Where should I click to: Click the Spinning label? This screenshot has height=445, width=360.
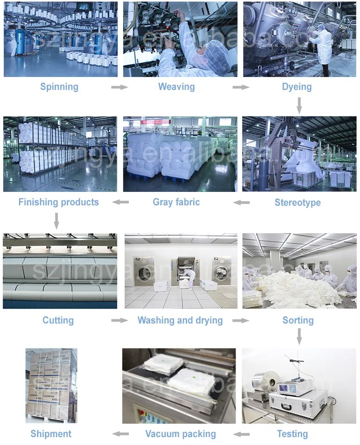[59, 87]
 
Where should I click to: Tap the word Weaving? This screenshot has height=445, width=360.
[177, 87]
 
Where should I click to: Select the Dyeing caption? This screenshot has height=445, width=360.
[297, 87]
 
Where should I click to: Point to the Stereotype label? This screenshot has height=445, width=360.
[297, 203]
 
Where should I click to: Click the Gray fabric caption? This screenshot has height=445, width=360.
[177, 202]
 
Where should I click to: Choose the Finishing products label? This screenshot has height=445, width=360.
[58, 202]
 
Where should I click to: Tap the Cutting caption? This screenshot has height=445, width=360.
[58, 320]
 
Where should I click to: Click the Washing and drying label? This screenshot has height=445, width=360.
[180, 320]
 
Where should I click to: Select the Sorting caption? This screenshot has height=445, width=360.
[298, 320]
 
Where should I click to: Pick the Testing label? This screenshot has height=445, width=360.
[292, 434]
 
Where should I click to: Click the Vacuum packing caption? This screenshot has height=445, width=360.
[181, 434]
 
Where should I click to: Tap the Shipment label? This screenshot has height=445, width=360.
[51, 434]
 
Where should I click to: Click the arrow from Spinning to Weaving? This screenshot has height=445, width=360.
[119, 87]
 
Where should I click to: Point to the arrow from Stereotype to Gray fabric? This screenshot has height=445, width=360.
[241, 203]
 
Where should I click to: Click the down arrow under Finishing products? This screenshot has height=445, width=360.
[57, 221]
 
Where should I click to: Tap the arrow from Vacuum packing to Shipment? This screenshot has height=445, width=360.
[121, 434]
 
